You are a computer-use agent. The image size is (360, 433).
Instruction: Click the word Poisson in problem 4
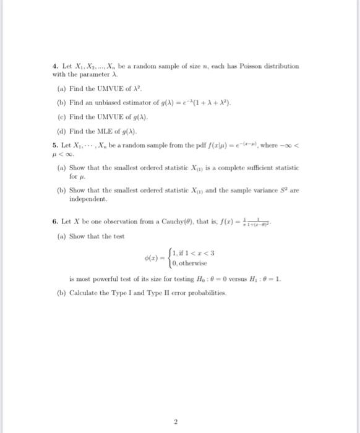pyautogui.click(x=246, y=66)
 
